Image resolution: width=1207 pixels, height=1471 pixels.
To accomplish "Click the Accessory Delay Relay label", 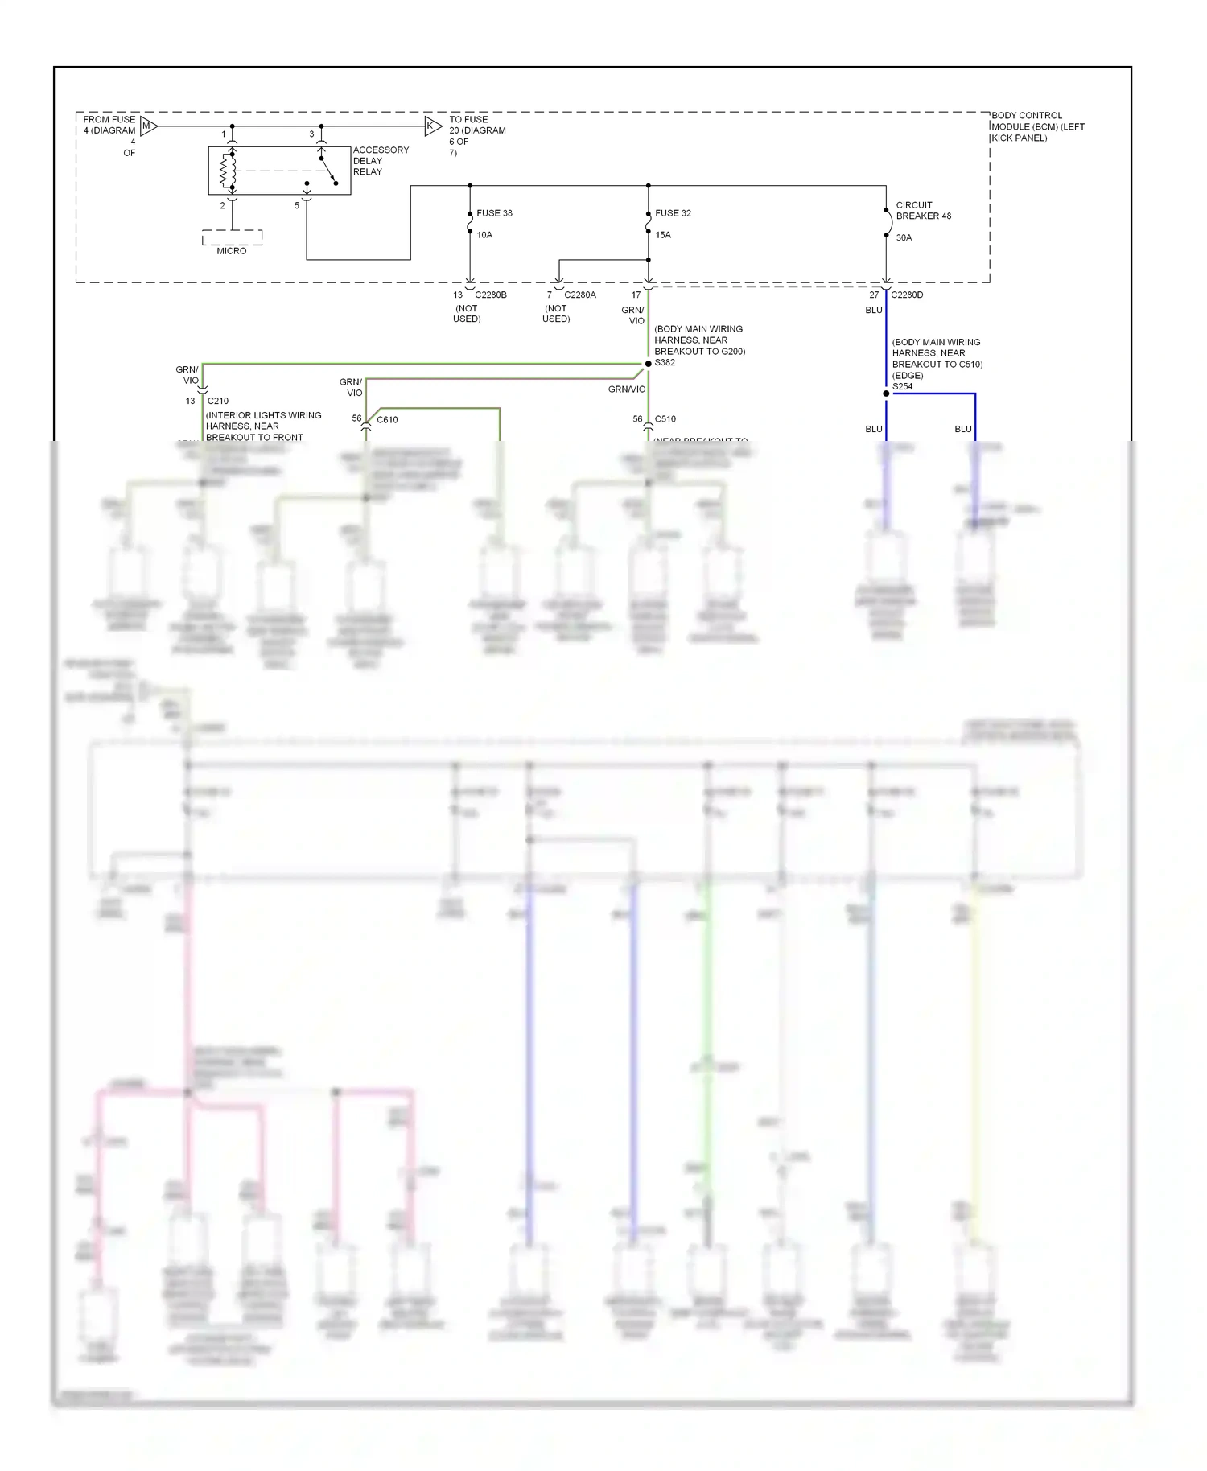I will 380,161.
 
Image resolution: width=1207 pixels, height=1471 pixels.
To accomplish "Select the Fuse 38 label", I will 494,213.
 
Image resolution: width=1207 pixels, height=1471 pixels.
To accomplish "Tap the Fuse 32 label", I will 673,213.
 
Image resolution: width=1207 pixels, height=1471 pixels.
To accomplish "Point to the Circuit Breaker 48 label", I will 923,211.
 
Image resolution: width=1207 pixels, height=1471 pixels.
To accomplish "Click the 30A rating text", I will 904,237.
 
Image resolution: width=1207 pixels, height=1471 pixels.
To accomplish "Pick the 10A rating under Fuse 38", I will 484,235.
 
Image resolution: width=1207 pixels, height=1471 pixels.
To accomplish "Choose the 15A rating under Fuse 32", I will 663,235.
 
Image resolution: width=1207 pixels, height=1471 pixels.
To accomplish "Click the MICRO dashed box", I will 232,239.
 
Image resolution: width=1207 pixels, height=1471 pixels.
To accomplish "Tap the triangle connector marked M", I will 148,126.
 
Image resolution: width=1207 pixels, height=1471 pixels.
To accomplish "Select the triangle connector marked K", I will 433,126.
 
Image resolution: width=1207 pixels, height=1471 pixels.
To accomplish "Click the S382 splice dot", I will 649,364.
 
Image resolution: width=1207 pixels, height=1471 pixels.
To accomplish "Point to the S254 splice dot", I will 886,394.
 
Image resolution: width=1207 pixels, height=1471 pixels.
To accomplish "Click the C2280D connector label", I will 907,295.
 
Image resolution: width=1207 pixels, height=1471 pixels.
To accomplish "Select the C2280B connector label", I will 491,295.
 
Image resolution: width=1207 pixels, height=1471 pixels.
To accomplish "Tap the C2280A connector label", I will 580,295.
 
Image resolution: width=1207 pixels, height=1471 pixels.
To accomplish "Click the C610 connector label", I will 387,419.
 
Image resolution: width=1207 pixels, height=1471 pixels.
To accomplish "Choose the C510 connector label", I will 665,418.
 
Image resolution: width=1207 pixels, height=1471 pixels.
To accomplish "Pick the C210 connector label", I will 218,401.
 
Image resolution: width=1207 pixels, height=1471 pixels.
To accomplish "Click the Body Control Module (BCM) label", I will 1037,126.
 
